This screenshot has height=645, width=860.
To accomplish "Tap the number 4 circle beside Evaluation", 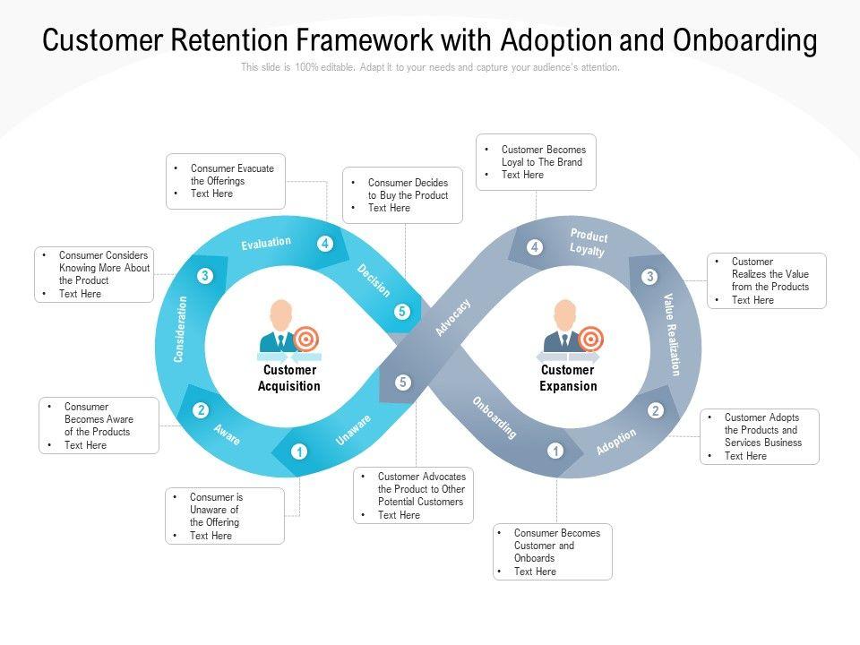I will pos(325,244).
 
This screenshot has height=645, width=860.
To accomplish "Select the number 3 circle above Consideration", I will pos(204,276).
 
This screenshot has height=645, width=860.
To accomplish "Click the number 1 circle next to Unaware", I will pos(299,451).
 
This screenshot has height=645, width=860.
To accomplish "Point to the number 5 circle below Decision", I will pos(403,312).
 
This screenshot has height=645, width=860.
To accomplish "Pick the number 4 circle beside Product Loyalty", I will pos(535,247).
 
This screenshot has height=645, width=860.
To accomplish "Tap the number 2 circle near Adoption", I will pos(656,410).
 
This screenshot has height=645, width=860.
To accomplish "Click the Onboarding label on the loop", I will pos(495,417).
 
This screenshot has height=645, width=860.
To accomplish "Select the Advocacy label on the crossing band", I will pos(453,318).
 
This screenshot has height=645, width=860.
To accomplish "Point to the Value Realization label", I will pos(673,334).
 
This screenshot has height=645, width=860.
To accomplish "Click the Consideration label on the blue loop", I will pos(181,329).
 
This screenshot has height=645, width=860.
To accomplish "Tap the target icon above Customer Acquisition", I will pos(306,339).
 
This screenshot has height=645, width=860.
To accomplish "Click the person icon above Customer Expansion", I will pos(564,325).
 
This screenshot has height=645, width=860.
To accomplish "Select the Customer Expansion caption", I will pos(567,378).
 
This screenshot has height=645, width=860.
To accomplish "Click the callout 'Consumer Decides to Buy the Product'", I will pos(403,195).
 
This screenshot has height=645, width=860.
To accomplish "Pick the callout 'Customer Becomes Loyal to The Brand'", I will pos(536,162).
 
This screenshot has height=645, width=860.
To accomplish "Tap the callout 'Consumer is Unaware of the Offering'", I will pos(225,516).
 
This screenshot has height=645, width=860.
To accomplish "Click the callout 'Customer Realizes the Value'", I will pos(766,280).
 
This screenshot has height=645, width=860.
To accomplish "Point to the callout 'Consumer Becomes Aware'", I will pos(99,426).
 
